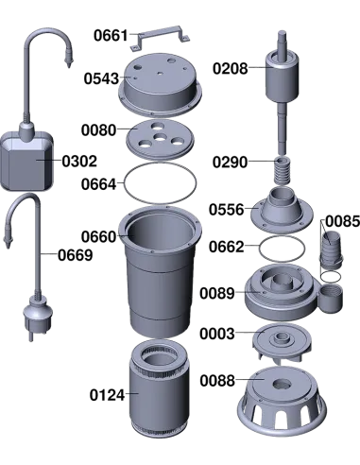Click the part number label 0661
coord(111,35)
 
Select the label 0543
coord(101,78)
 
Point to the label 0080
coord(98,130)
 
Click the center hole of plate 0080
coord(161,138)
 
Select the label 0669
coord(76,255)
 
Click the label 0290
coord(230,163)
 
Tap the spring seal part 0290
coord(283,170)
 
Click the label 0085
coord(342,221)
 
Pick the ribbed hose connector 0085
coord(331,249)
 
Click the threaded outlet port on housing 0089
coord(331,298)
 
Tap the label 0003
coord(217,334)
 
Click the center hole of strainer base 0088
coord(282,384)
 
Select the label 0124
coord(107,395)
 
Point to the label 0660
coord(98,236)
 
